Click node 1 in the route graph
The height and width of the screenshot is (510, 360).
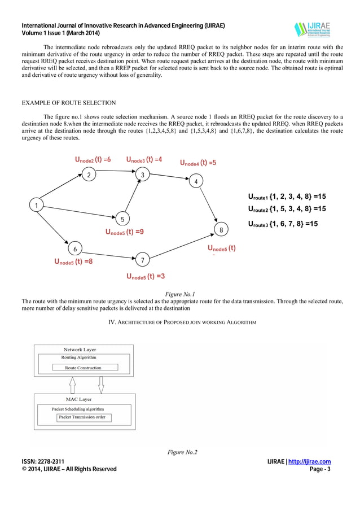(x=37, y=206)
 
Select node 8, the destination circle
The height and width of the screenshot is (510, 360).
(x=221, y=230)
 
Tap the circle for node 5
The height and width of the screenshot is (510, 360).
(x=122, y=219)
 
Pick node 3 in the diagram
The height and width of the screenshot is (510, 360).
(x=143, y=175)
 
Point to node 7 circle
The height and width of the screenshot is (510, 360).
(x=143, y=260)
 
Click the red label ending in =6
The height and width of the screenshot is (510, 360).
(x=93, y=160)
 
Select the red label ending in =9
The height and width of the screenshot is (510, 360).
(x=124, y=232)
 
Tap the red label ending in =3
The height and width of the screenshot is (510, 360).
(x=146, y=276)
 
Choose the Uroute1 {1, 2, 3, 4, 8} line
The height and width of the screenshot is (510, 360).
(x=287, y=197)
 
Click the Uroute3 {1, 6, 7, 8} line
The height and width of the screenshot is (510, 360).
(x=283, y=224)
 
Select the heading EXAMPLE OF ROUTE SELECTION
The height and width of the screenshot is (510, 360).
(x=68, y=103)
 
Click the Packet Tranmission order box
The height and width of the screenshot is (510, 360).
(x=84, y=417)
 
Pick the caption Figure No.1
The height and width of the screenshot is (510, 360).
(x=179, y=295)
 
